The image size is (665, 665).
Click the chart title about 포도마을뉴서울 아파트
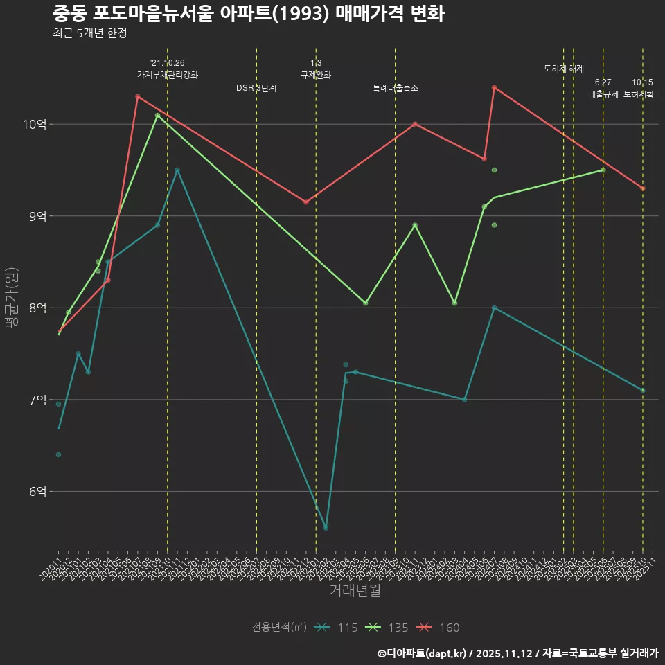(248, 14)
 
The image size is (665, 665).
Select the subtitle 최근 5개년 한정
(89, 33)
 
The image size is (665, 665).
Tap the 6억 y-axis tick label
(37, 491)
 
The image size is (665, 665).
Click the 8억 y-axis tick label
(37, 308)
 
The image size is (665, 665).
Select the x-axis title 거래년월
(354, 590)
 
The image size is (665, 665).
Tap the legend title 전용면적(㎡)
(279, 628)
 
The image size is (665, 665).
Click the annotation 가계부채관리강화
(168, 75)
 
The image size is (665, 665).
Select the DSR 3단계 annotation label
(256, 88)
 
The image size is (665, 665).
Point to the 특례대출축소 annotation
(396, 88)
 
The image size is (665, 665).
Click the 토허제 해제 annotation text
(564, 69)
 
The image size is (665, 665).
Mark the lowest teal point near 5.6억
(326, 528)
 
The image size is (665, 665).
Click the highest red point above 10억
(494, 87)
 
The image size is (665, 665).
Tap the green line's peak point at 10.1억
(157, 115)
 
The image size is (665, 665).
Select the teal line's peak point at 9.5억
(177, 170)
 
